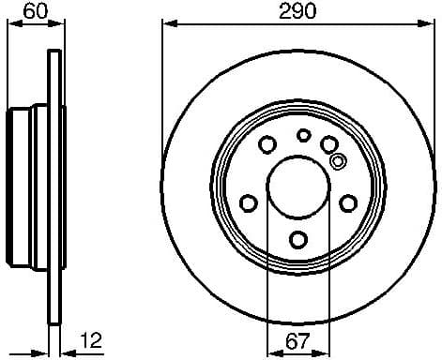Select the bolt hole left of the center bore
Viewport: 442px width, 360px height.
249,202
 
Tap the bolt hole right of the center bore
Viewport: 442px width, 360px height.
348,202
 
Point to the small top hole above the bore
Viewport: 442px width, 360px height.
303,135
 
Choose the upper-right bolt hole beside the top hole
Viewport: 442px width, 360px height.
329,142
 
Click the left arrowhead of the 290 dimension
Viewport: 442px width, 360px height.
168,25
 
